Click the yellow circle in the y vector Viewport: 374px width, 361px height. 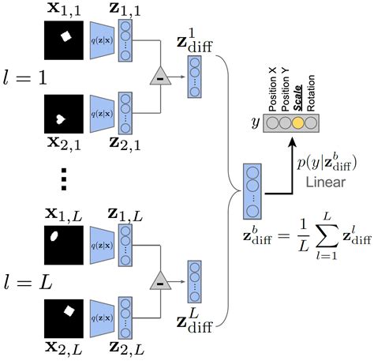pos(298,123)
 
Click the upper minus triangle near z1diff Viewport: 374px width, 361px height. pos(159,76)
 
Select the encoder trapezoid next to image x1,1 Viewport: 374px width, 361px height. pos(103,39)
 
